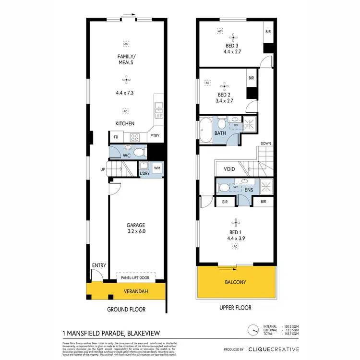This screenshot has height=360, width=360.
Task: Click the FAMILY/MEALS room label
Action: coord(125,59)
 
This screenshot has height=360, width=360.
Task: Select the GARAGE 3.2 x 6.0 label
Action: coord(135,228)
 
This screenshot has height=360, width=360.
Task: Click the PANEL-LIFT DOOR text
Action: coord(135,277)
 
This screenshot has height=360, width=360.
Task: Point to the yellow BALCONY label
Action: coord(236,282)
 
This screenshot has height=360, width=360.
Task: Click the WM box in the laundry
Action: coord(157,168)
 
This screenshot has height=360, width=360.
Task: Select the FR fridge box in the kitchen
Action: coord(116,137)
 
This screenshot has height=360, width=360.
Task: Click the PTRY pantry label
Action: coord(155,136)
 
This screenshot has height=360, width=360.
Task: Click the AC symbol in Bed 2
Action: coord(208,83)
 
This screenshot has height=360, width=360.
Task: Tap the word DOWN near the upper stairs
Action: coord(265,144)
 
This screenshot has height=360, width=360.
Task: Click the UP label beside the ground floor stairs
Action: coord(102,169)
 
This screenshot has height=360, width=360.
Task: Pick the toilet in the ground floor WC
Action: coord(139,152)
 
